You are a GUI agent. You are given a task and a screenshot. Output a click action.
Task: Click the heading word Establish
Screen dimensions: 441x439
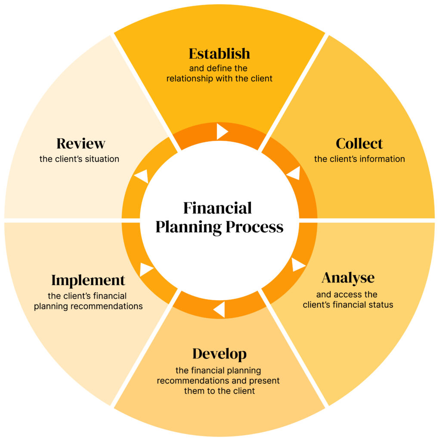click(219, 54)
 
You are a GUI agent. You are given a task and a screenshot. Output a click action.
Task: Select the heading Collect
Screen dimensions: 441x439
click(359, 143)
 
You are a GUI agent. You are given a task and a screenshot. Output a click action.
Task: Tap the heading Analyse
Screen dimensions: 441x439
click(348, 278)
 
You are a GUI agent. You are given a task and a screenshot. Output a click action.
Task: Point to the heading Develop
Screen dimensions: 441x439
click(219, 354)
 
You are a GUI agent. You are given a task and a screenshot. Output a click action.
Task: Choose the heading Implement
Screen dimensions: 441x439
click(88, 280)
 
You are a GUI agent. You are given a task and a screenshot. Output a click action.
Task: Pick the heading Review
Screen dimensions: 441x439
click(81, 143)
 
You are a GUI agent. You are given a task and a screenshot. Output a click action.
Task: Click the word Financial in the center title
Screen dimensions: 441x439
click(217, 208)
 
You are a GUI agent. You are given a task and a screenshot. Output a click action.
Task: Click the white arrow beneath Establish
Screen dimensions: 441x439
click(222, 131)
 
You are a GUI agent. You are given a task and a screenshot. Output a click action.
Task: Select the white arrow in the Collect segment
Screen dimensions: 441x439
click(294, 173)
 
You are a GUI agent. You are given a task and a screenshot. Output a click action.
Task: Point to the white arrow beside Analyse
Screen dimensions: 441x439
click(298, 264)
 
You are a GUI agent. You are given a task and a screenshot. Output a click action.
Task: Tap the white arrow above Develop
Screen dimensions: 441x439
click(219, 310)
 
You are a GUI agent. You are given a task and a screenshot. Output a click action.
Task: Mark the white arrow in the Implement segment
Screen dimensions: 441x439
click(146, 270)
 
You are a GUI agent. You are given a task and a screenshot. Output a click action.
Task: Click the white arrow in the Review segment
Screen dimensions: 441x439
click(142, 176)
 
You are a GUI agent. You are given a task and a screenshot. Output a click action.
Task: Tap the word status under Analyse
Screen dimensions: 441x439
click(382, 305)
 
